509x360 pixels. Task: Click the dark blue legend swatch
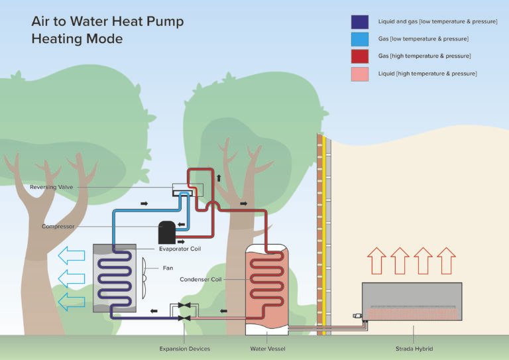[x=360, y=22]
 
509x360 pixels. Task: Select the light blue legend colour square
[x=360, y=39]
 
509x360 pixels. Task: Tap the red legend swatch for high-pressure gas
[x=360, y=56]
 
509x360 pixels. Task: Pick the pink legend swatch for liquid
[x=360, y=74]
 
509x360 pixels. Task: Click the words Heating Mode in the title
[x=77, y=39]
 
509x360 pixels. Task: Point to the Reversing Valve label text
[x=51, y=187]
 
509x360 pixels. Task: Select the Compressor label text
[x=58, y=227]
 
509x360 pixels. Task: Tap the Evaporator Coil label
[x=180, y=249]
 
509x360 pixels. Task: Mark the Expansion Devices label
[x=184, y=349]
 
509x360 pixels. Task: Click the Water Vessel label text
[x=267, y=349]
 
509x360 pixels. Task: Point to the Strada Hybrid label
[x=413, y=349]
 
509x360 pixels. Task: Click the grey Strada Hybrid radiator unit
[x=412, y=302]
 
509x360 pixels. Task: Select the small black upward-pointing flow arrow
[x=219, y=178]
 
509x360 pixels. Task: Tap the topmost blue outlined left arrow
[x=72, y=254]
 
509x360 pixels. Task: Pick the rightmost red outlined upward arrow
[x=447, y=261]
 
